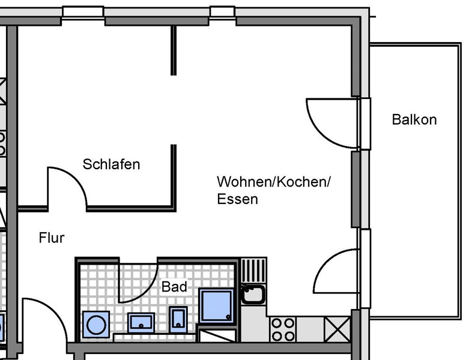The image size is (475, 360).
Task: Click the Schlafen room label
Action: (x=111, y=164)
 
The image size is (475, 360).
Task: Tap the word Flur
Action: (x=52, y=238)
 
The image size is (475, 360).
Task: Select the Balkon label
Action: (x=414, y=119)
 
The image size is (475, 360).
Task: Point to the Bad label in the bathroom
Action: (x=174, y=287)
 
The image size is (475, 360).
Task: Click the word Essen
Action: (x=238, y=199)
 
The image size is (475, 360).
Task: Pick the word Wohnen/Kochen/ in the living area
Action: (x=274, y=182)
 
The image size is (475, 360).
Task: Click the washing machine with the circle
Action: (x=96, y=324)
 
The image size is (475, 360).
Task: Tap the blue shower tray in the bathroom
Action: (x=216, y=305)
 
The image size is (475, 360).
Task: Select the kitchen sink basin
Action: (x=253, y=294)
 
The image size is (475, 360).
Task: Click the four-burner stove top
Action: (x=283, y=329)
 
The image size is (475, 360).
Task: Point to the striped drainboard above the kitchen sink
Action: (x=254, y=271)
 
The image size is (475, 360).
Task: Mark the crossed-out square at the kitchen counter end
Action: (x=337, y=329)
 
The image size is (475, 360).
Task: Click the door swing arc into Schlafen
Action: (x=67, y=188)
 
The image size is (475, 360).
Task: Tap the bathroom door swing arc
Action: (x=138, y=283)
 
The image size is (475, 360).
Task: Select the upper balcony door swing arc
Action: (x=332, y=123)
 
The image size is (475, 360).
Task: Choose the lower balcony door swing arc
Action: (x=336, y=271)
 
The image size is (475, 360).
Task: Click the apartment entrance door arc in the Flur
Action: (x=45, y=321)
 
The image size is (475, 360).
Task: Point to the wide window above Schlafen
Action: (x=83, y=13)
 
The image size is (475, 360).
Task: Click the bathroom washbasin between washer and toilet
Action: (x=141, y=323)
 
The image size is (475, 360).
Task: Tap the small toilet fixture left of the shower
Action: (x=178, y=319)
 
